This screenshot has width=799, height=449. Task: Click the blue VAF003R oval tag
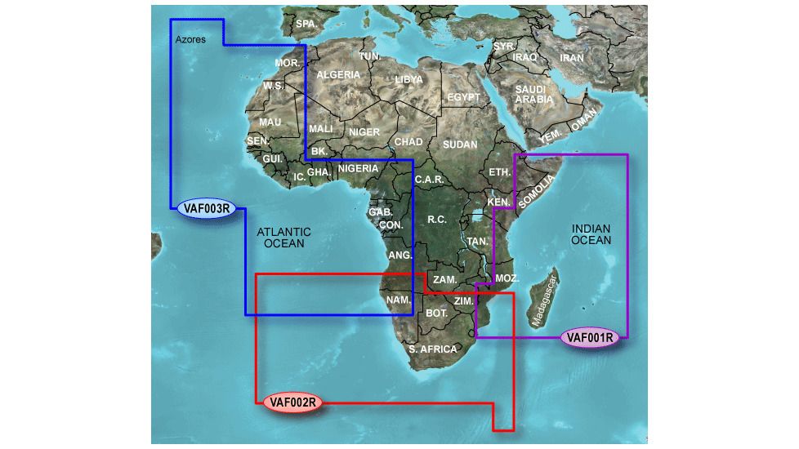[x=206, y=209]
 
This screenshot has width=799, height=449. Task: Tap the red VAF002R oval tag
[x=292, y=401]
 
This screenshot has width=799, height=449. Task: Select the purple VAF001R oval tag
[x=590, y=337]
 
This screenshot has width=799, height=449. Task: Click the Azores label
[x=190, y=39]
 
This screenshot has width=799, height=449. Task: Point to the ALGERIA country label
[x=338, y=74]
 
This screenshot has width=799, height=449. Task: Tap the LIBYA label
[x=408, y=79]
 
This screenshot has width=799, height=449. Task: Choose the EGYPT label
[x=464, y=97]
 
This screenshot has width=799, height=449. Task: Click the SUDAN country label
[x=460, y=144]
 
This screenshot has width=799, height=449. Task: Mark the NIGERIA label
[x=358, y=169]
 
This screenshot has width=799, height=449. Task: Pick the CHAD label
[x=408, y=142]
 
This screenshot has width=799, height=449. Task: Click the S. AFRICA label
[x=433, y=349]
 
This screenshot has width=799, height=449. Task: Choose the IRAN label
[x=572, y=59]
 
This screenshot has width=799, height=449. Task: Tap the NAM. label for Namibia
[x=399, y=300]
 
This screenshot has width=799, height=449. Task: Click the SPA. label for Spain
[x=306, y=24]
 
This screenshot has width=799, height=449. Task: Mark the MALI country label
[x=320, y=129]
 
